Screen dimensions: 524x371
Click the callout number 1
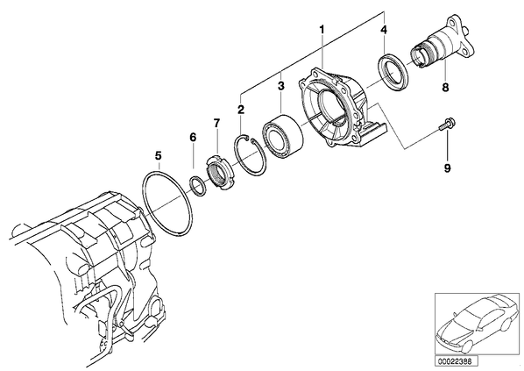(322, 29)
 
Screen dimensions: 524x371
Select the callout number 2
(241, 110)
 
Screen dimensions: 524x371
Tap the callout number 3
(280, 86)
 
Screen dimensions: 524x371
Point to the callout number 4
(384, 30)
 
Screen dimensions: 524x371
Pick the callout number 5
(158, 155)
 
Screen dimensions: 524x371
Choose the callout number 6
(193, 137)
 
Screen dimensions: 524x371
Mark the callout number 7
(217, 123)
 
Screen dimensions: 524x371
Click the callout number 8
(445, 88)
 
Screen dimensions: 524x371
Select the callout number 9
(447, 168)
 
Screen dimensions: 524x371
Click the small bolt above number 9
(447, 124)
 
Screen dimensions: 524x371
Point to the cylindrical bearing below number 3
(282, 136)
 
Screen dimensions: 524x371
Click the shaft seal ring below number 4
(393, 71)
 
